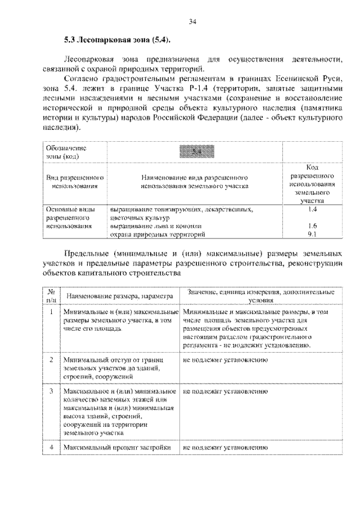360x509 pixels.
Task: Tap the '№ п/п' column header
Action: tap(51, 296)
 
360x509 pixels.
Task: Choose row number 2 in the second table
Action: tap(51, 359)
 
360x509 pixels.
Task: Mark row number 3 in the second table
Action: tap(51, 390)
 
